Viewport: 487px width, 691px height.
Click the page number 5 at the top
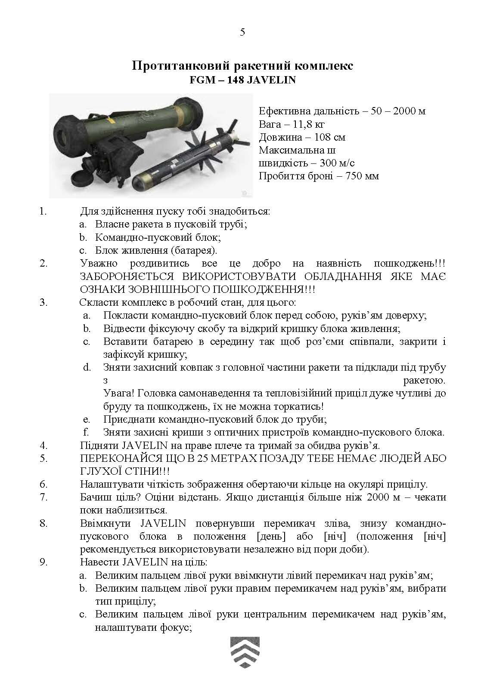(242, 33)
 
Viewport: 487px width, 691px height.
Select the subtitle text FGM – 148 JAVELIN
(243, 80)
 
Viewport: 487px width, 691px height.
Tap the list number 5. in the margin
(43, 458)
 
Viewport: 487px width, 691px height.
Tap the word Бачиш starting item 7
(95, 497)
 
